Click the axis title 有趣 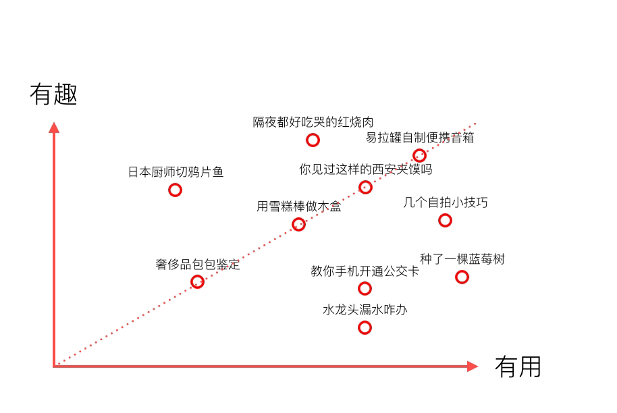click(x=53, y=94)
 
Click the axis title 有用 click(x=518, y=367)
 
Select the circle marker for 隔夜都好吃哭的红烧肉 click(x=313, y=140)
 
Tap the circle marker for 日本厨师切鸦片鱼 click(x=175, y=190)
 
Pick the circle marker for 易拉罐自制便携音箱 click(x=419, y=156)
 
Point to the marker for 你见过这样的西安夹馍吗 click(x=365, y=188)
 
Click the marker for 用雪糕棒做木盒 click(x=298, y=225)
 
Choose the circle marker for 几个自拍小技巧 click(x=445, y=220)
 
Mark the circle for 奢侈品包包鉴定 click(x=197, y=282)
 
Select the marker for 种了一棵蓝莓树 click(x=462, y=277)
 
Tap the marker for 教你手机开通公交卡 click(x=365, y=289)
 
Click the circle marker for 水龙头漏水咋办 click(x=365, y=328)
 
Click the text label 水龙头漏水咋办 click(x=365, y=310)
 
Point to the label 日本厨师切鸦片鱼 click(x=176, y=172)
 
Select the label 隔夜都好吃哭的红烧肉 click(x=313, y=122)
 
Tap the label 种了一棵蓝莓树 click(x=462, y=259)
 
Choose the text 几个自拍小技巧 click(x=445, y=202)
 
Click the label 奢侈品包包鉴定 click(x=198, y=265)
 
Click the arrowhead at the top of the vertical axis click(x=54, y=127)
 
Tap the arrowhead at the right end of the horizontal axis click(x=473, y=366)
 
